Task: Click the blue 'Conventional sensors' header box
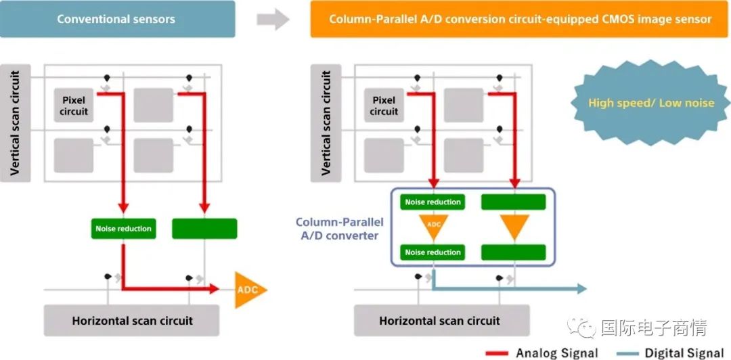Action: (x=117, y=19)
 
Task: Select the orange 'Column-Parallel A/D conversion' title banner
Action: (x=520, y=19)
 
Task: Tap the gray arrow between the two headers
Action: (x=273, y=20)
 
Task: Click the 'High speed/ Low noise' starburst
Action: (x=651, y=103)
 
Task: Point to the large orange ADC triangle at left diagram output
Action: (x=248, y=290)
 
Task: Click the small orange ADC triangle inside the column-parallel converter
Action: (x=433, y=226)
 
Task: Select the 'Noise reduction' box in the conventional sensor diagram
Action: (x=123, y=229)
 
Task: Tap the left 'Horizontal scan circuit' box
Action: (x=131, y=320)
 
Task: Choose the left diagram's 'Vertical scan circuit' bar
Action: (x=16, y=123)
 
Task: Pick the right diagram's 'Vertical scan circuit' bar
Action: (x=326, y=123)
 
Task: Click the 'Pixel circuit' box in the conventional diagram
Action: (x=74, y=106)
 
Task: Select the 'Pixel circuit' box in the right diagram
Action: (x=384, y=106)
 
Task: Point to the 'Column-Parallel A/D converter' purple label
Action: (x=337, y=229)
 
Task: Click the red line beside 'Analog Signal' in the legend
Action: (x=497, y=353)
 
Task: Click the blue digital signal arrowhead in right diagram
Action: (x=581, y=289)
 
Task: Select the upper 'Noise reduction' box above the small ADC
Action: (x=433, y=202)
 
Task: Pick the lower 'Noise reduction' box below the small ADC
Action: (x=433, y=252)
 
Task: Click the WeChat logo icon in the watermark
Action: (x=581, y=328)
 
